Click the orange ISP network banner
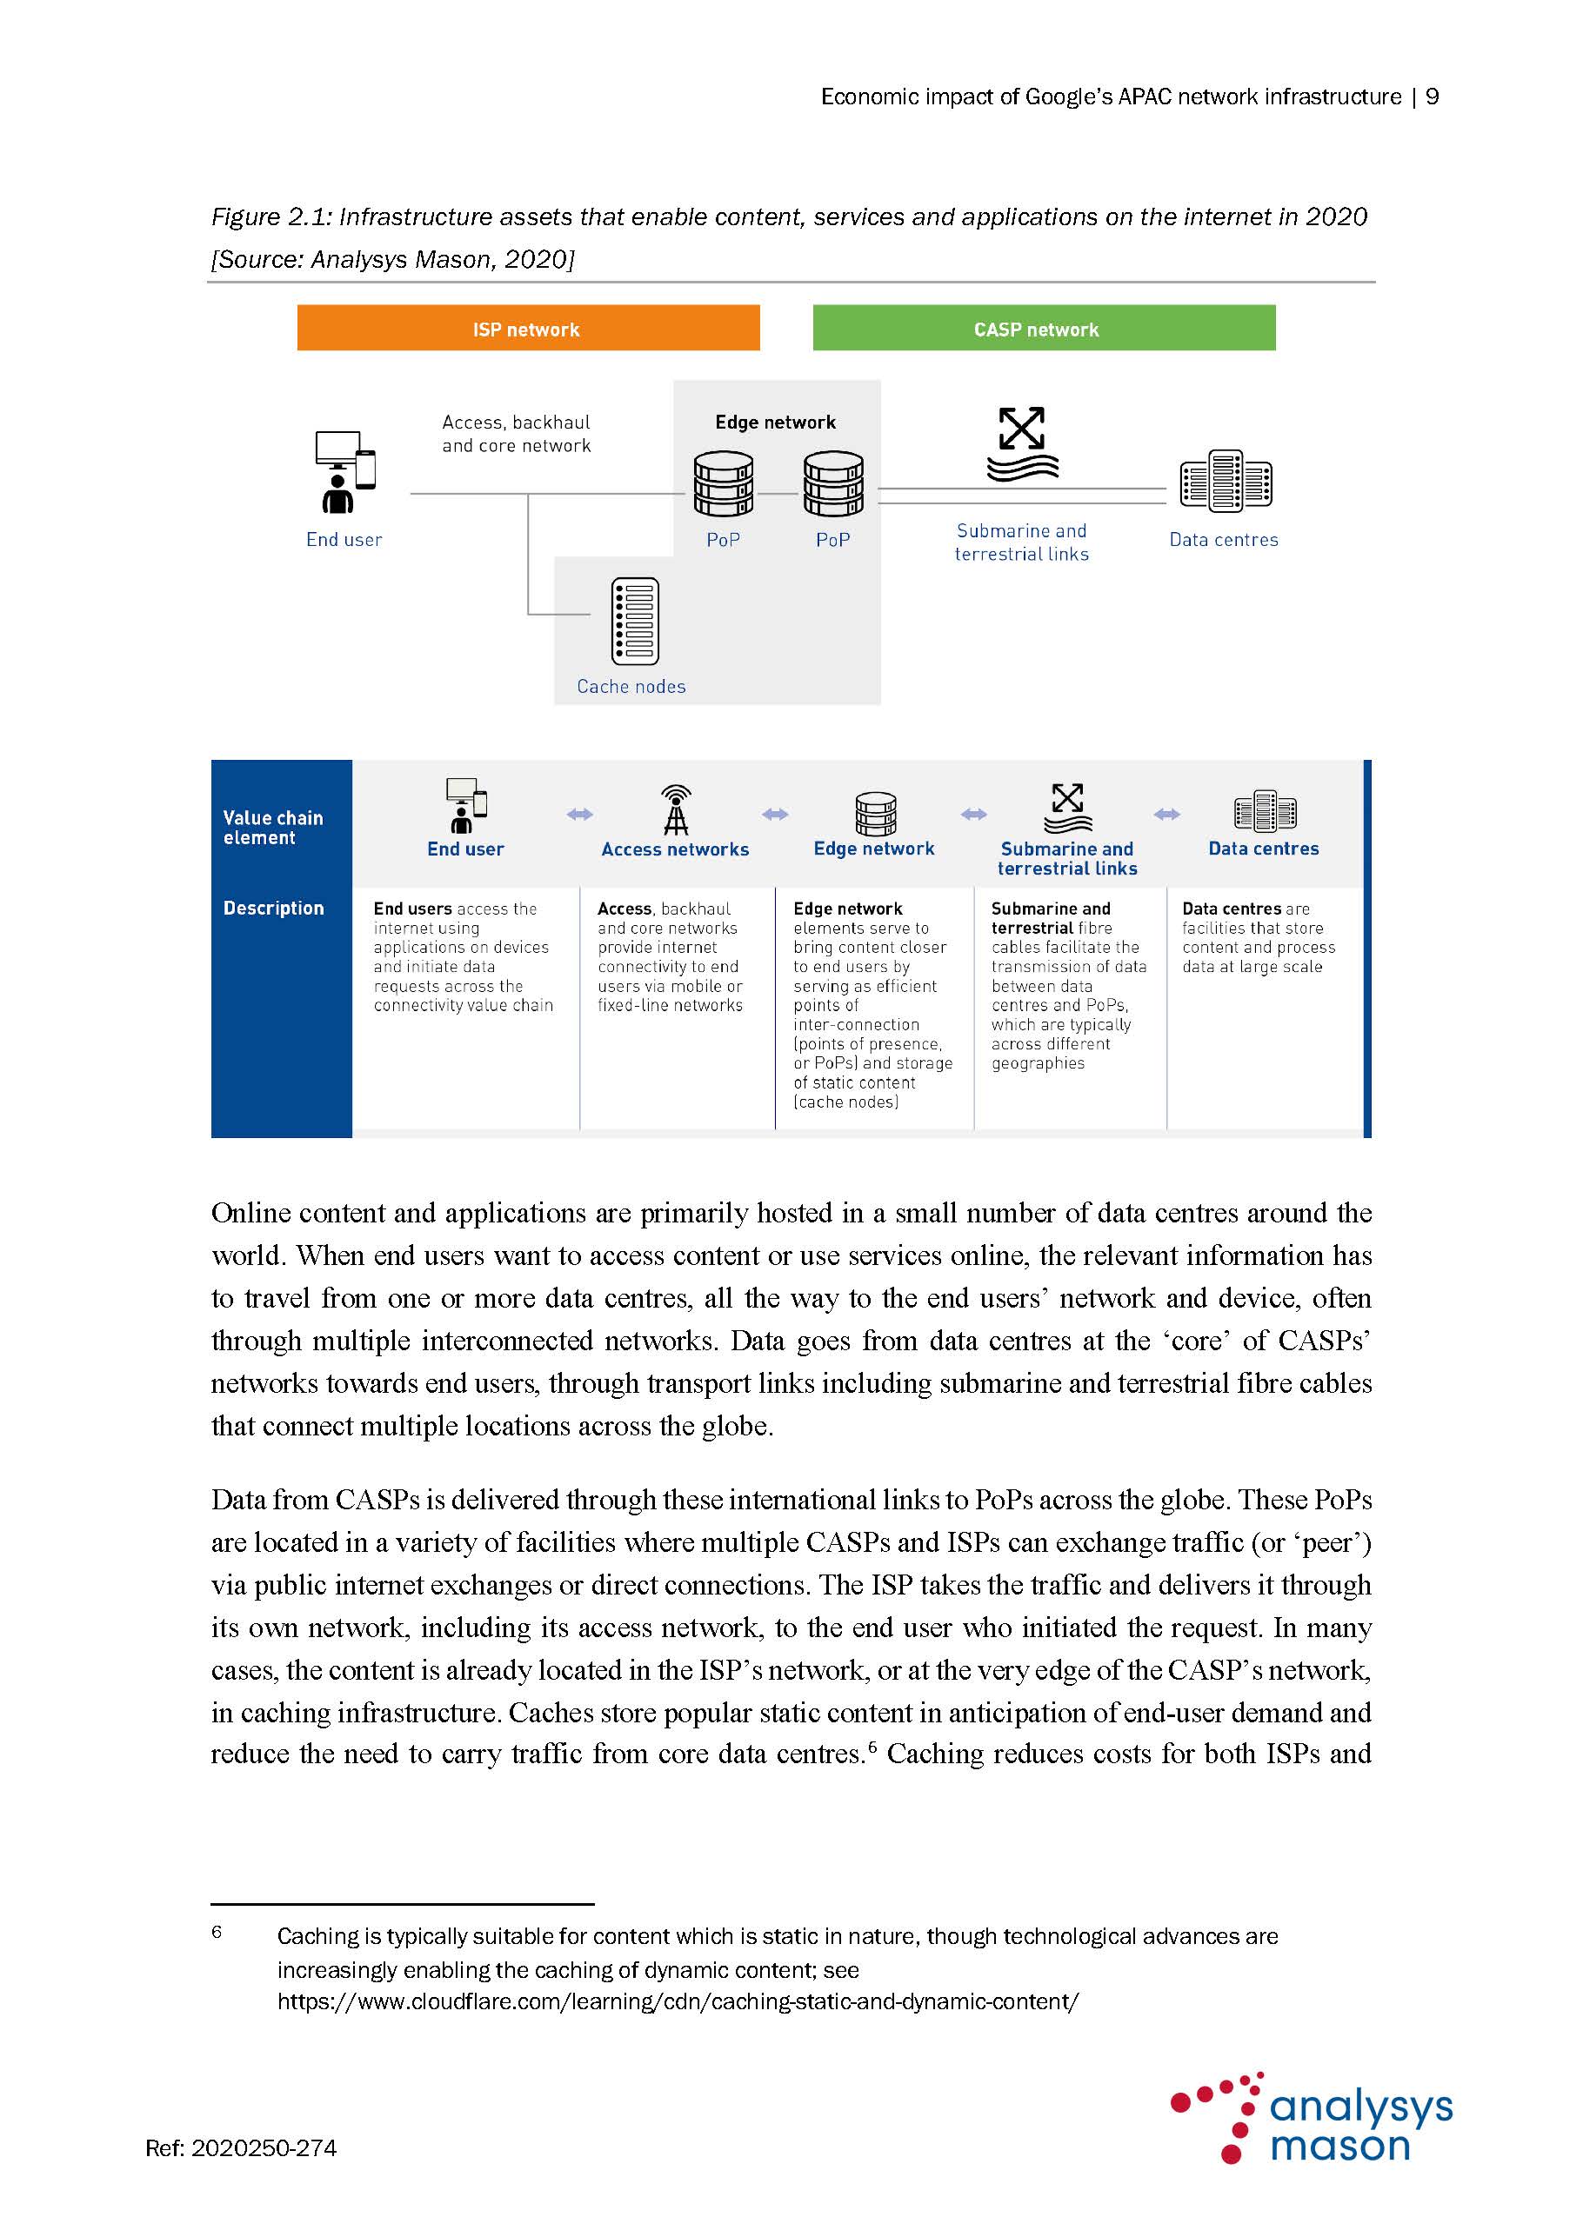point(527,329)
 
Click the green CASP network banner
point(1043,329)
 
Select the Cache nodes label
point(631,687)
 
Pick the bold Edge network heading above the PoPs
point(775,422)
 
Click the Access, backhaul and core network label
point(516,434)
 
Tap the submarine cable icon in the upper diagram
point(1021,444)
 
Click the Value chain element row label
point(272,827)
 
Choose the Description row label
point(273,908)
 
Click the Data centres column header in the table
point(1263,849)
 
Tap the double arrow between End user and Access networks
point(580,815)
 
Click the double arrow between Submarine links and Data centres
point(1166,815)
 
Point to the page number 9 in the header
point(1432,97)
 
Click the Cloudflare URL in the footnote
point(678,2001)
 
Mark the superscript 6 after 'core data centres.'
point(872,1746)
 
